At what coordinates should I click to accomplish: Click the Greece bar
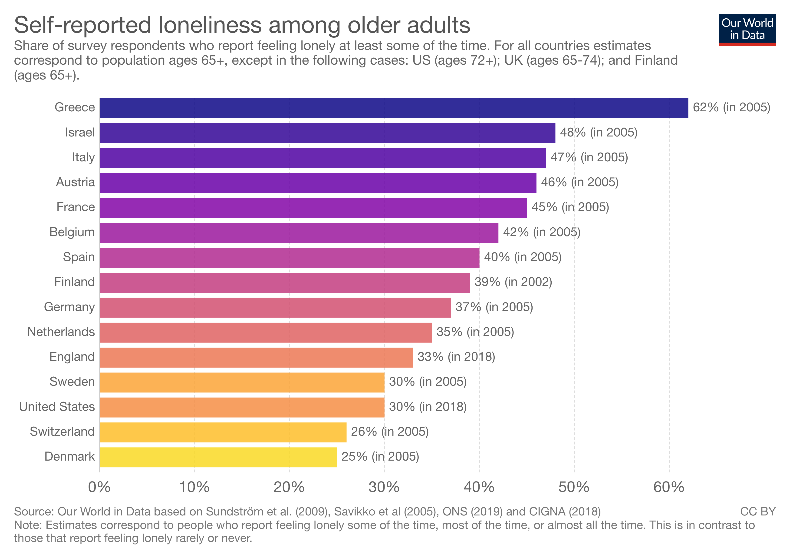pyautogui.click(x=394, y=108)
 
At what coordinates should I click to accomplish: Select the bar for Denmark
pyautogui.click(x=218, y=457)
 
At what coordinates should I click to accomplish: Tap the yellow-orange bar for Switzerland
pyautogui.click(x=223, y=432)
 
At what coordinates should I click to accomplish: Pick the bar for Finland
pyautogui.click(x=285, y=283)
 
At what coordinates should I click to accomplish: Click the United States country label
pyautogui.click(x=57, y=407)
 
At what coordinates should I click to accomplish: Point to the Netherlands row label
pyautogui.click(x=61, y=332)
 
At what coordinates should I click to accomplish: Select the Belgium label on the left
pyautogui.click(x=72, y=232)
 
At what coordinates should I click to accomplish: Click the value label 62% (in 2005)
pyautogui.click(x=731, y=107)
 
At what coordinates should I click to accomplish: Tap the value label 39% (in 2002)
pyautogui.click(x=513, y=282)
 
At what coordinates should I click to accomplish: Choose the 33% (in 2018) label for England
pyautogui.click(x=456, y=357)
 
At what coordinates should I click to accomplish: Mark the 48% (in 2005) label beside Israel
pyautogui.click(x=599, y=133)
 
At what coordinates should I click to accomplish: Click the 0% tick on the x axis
pyautogui.click(x=99, y=487)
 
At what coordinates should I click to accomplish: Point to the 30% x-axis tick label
pyautogui.click(x=384, y=487)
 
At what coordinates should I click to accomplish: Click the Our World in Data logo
pyautogui.click(x=747, y=30)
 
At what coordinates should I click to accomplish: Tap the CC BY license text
pyautogui.click(x=758, y=511)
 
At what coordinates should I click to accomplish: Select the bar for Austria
pyautogui.click(x=318, y=183)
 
